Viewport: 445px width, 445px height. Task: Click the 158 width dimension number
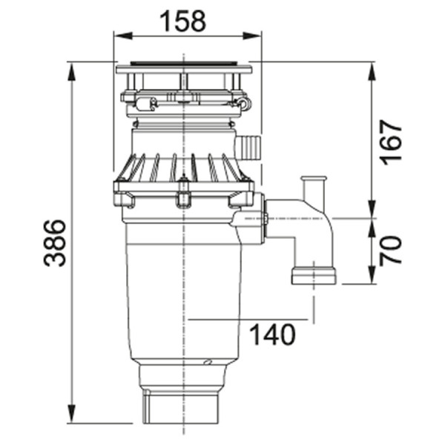[182, 22]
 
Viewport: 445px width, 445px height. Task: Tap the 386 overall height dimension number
[55, 243]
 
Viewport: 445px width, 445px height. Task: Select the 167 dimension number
[391, 142]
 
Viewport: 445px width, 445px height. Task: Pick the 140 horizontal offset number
[273, 335]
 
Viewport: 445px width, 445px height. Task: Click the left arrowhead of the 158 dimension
[123, 36]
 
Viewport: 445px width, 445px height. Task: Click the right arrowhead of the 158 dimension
[252, 36]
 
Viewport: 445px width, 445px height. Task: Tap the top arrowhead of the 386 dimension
[72, 72]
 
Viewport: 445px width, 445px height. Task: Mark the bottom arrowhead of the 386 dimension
[72, 414]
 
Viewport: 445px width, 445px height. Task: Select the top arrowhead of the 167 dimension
[372, 72]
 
